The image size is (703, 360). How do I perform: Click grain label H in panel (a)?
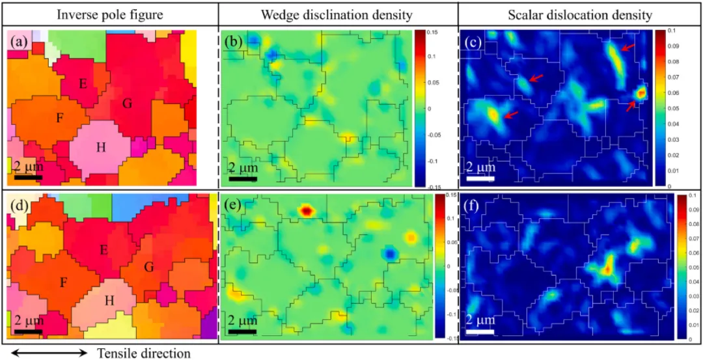(x=101, y=147)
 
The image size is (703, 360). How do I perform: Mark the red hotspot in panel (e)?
(x=306, y=211)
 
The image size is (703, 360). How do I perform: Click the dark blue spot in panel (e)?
(x=389, y=252)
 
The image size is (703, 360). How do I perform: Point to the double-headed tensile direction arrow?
(x=49, y=353)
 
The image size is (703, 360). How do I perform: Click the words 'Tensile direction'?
(x=144, y=353)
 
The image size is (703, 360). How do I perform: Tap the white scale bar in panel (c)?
(x=480, y=178)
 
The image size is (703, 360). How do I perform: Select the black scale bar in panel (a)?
(x=29, y=177)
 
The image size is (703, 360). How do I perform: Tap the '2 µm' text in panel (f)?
(x=480, y=320)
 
